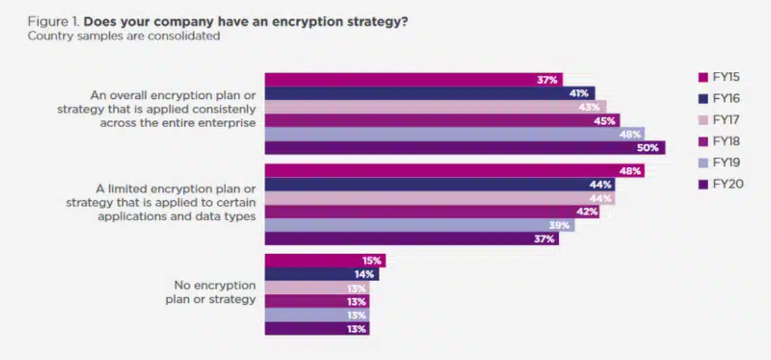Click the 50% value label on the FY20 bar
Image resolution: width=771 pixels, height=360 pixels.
[647, 148]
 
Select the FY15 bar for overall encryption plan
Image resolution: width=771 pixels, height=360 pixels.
[411, 80]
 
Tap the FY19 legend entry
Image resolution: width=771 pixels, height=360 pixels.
[720, 162]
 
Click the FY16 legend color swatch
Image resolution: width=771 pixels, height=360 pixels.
[702, 98]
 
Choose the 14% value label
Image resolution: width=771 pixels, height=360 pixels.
[365, 275]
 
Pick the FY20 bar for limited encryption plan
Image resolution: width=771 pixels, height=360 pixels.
[411, 239]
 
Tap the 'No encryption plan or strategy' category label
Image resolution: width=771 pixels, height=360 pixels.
[214, 292]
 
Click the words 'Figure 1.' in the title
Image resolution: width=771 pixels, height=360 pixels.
[53, 22]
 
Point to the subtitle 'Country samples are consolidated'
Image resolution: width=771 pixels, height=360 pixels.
[123, 36]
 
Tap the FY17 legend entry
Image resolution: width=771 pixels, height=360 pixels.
[720, 119]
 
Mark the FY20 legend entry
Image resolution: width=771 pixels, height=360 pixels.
[720, 184]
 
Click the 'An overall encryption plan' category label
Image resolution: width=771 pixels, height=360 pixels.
[173, 94]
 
